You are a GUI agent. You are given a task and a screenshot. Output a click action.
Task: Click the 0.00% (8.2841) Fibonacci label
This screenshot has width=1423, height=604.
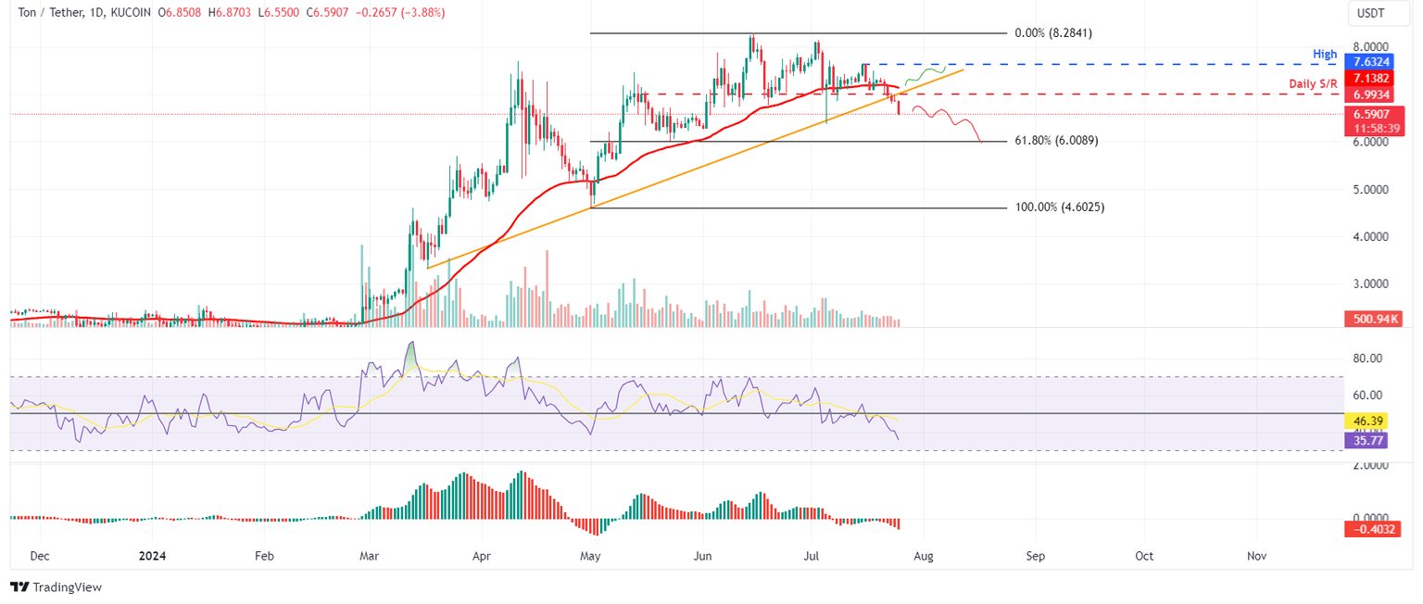(1054, 32)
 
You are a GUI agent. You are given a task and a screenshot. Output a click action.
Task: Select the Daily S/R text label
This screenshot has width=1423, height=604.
(1314, 84)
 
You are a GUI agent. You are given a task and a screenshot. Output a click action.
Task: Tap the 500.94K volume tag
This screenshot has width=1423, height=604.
(1371, 319)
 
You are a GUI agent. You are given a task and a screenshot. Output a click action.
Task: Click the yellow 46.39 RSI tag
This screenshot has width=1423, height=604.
(1361, 420)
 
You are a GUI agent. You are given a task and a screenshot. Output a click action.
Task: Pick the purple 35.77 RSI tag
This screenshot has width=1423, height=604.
(1361, 441)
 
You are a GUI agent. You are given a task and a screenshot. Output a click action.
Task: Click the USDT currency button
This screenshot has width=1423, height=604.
(1371, 13)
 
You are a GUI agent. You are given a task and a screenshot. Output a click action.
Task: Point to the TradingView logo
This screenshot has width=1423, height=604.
(56, 587)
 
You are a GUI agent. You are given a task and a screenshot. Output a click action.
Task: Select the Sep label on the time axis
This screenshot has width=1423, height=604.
(1035, 557)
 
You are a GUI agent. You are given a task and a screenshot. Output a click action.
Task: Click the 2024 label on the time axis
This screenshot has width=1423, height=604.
(153, 557)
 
